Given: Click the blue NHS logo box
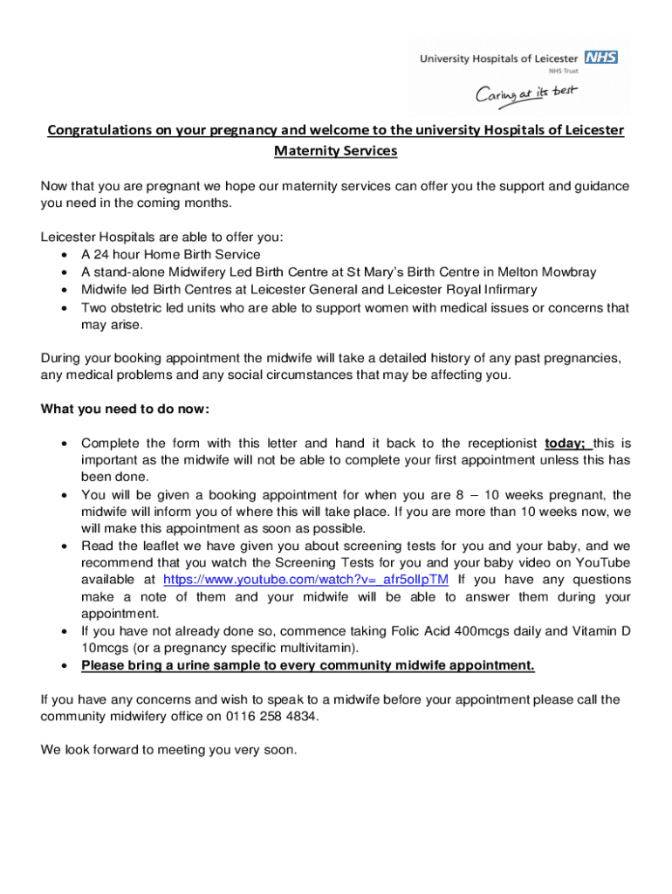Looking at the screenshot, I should [x=601, y=58].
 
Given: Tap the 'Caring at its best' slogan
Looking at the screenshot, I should [x=526, y=93].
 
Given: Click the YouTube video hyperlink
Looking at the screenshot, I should [x=306, y=580].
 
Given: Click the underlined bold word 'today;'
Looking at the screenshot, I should [x=564, y=443].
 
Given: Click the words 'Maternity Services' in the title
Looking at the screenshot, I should [x=336, y=151].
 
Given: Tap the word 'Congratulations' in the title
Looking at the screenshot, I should [x=99, y=131].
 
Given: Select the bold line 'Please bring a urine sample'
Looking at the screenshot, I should [x=307, y=665].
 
